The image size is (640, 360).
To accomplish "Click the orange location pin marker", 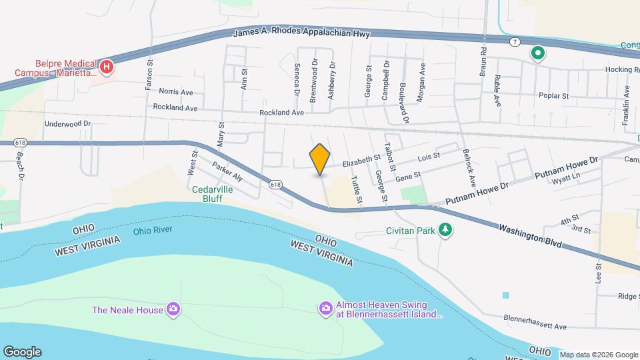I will [x=320, y=159].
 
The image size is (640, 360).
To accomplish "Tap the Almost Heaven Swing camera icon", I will [x=326, y=307].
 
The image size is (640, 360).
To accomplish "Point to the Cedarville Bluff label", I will [x=216, y=193].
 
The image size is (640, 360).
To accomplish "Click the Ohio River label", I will [x=153, y=230].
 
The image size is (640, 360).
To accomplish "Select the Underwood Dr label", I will [x=67, y=124].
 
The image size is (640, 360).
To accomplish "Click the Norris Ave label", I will [x=176, y=92].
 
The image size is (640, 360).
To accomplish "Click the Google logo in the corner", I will [x=22, y=351].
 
